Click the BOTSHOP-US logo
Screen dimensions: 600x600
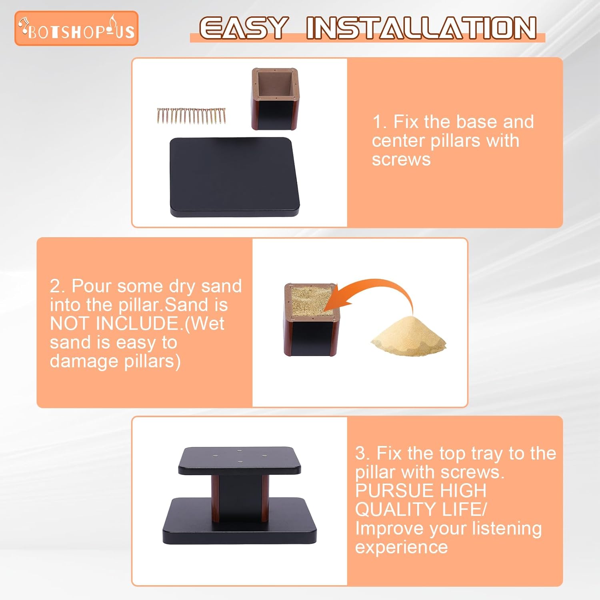click(x=76, y=28)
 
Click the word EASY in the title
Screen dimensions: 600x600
click(x=244, y=28)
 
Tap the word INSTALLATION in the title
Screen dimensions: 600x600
click(x=422, y=28)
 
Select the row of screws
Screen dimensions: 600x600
click(x=192, y=116)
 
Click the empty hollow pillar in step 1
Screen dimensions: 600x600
click(x=275, y=99)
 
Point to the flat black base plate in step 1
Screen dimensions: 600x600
click(x=235, y=177)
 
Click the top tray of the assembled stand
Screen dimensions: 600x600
click(x=239, y=461)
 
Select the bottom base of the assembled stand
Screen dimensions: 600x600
click(x=239, y=521)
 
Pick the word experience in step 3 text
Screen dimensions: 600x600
click(x=401, y=548)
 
